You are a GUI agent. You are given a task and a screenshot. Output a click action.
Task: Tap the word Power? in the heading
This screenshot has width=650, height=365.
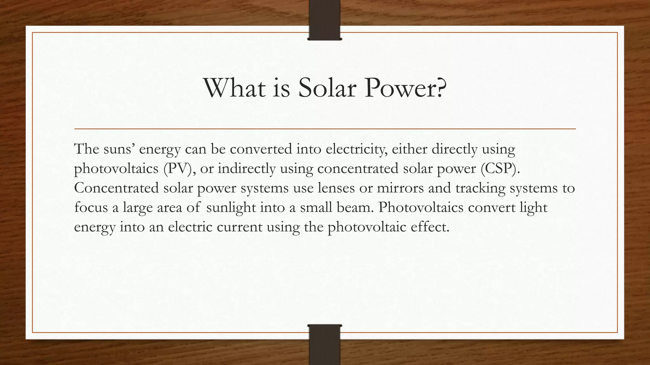405,88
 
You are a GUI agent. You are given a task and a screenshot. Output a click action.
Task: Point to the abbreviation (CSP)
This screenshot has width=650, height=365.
500,169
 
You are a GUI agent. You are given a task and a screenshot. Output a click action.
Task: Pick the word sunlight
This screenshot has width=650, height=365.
231,208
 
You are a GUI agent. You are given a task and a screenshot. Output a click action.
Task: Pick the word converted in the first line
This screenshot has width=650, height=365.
261,149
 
